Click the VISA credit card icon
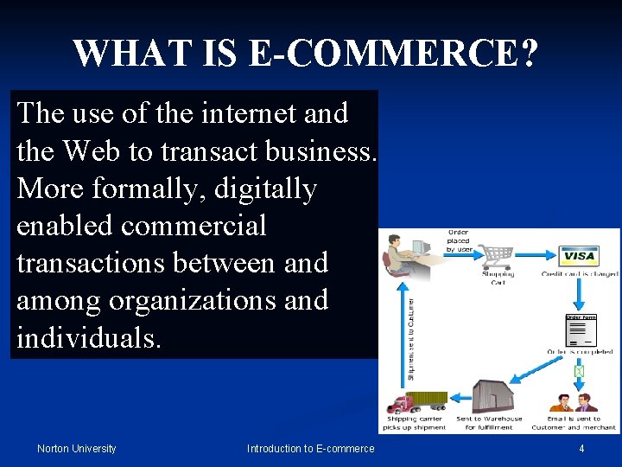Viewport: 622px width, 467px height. click(x=580, y=257)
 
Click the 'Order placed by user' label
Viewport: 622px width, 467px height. click(x=459, y=240)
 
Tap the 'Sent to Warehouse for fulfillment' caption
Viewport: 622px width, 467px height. click(x=488, y=423)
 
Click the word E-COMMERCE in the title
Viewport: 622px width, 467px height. click(x=390, y=54)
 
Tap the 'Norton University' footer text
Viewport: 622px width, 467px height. click(x=76, y=448)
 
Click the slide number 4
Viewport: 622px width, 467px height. click(x=581, y=448)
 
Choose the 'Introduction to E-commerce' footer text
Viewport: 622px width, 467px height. click(x=311, y=448)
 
